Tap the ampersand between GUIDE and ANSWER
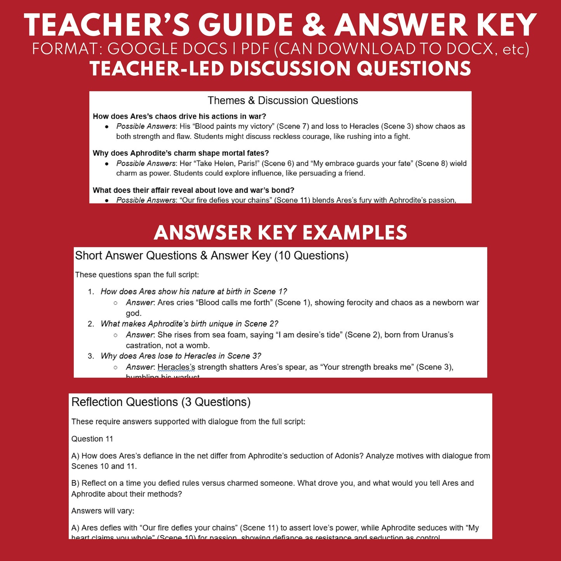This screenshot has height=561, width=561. click(314, 25)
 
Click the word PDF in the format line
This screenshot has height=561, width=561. click(255, 49)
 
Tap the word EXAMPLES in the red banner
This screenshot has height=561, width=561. click(354, 233)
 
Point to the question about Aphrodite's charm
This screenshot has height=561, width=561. click(181, 153)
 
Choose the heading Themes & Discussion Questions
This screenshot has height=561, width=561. click(283, 101)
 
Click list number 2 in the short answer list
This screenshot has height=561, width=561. click(91, 324)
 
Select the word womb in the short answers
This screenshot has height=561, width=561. click(198, 345)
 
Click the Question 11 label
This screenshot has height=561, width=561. click(92, 439)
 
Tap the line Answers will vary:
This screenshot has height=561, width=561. click(103, 511)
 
